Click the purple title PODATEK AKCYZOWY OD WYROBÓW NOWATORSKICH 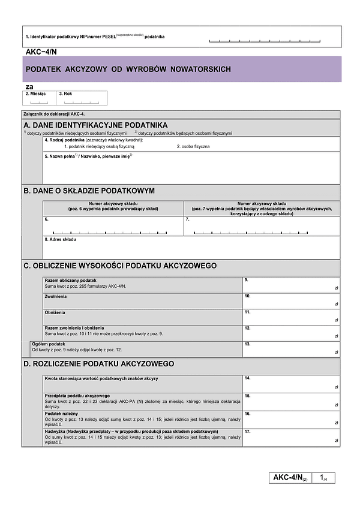click(x=128, y=70)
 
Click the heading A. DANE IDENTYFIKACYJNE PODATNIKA click(x=95, y=125)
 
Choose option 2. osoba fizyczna click(x=193, y=146)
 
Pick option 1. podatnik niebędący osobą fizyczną click(x=101, y=146)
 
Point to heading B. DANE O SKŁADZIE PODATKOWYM click(x=89, y=191)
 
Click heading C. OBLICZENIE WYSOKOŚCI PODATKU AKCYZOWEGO click(x=120, y=266)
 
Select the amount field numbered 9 click(x=291, y=285)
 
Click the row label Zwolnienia click(x=56, y=296)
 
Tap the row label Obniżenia click(x=55, y=312)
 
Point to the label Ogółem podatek click(x=49, y=344)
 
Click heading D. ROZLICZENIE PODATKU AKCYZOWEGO click(x=99, y=364)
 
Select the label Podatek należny click(x=62, y=414)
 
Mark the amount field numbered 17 click(x=291, y=437)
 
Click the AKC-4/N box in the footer click(x=290, y=478)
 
